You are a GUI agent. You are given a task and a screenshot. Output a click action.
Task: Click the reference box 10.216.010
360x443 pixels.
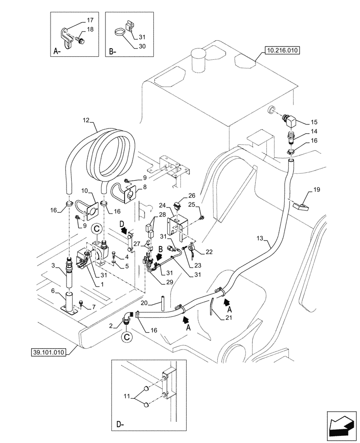click(282, 51)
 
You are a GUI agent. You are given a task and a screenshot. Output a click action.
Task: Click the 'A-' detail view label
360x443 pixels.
click(57, 51)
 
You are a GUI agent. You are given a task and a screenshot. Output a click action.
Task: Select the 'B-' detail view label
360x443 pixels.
click(112, 51)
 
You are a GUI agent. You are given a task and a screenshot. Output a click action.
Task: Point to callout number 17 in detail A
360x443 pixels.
click(90, 20)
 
